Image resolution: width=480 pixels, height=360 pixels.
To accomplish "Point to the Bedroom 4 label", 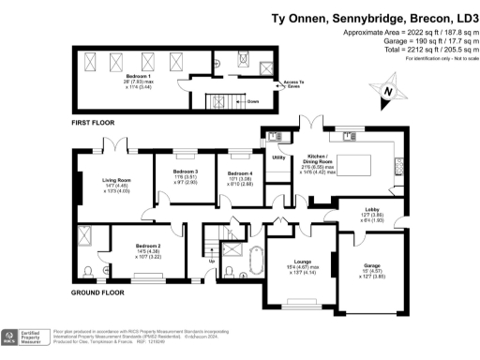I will click(x=240, y=174).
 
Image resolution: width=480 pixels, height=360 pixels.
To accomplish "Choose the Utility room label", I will click(x=278, y=157).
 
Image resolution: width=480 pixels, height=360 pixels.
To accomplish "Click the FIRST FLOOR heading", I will click(x=97, y=123).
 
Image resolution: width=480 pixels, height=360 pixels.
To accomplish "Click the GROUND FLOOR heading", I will click(x=97, y=292).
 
